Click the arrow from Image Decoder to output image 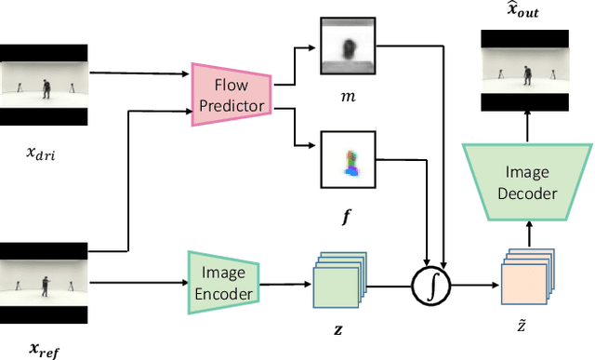527,124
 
